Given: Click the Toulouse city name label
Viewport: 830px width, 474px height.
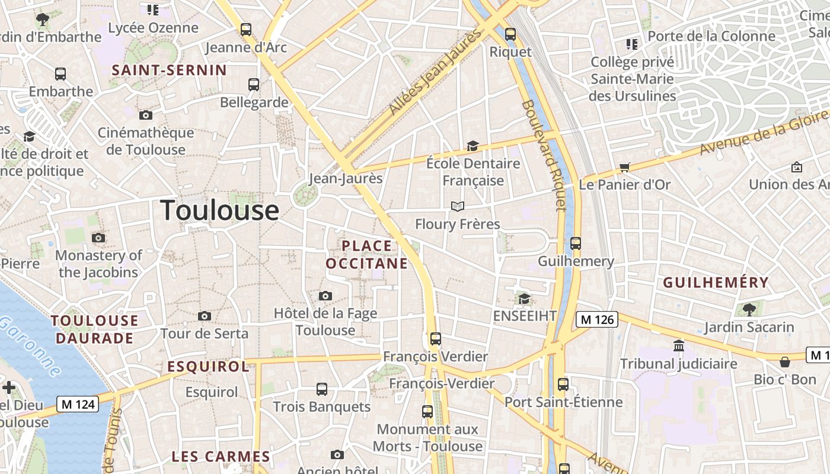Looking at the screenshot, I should point(219,210).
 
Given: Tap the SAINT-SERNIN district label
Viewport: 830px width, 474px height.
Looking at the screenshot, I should point(170,70).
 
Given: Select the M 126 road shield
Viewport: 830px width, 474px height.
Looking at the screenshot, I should point(597,320).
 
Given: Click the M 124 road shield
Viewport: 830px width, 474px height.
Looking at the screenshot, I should point(78,405).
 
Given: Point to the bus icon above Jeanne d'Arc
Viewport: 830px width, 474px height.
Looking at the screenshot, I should point(246,29).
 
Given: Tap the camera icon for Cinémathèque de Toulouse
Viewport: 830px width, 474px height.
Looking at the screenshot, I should point(146,115).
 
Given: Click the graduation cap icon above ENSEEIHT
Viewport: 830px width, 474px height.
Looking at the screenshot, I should point(524,298).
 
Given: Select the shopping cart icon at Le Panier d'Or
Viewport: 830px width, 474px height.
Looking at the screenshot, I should point(624,168).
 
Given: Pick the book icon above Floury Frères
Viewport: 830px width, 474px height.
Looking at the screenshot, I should point(457,206).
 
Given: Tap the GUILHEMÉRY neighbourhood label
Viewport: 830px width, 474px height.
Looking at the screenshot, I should point(716,283).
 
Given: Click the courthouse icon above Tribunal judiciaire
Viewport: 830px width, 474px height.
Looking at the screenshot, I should point(679,345).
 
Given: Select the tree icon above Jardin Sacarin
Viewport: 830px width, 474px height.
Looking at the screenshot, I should point(749,309).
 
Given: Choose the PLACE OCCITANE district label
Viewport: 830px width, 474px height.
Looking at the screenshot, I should point(367,255).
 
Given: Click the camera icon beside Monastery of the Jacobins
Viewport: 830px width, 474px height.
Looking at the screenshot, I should point(98,238).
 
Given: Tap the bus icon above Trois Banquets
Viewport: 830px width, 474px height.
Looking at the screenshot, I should point(322,389).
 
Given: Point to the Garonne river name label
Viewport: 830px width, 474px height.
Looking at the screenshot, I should point(30,347).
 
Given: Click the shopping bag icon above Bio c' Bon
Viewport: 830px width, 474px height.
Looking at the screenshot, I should point(785,361).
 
